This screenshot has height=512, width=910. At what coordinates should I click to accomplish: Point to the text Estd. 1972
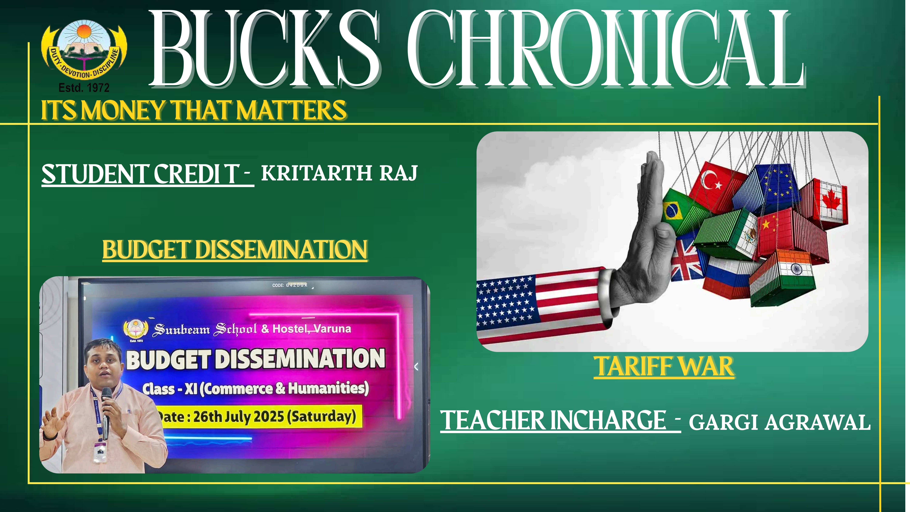84,87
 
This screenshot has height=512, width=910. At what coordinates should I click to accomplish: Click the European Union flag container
767,189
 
